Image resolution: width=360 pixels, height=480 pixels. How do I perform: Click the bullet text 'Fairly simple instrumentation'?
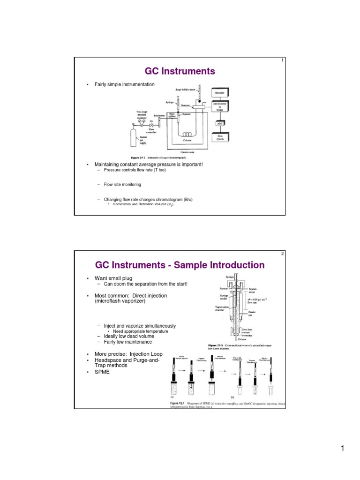(121, 84)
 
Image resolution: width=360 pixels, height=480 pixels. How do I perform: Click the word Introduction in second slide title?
(229, 265)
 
